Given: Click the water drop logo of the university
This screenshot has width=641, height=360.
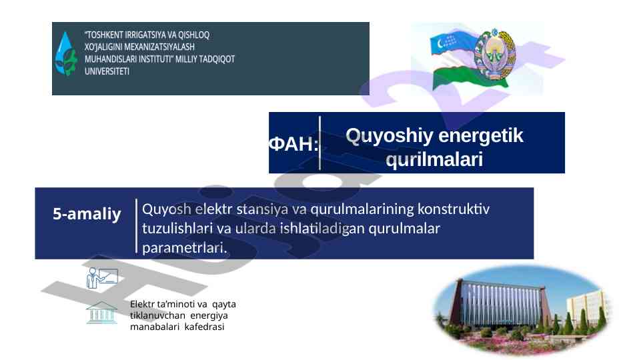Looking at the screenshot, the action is click(65, 55).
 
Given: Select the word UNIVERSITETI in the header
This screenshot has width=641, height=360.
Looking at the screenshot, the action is click(107, 71).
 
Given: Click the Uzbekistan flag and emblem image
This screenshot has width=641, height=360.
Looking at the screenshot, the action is click(474, 59).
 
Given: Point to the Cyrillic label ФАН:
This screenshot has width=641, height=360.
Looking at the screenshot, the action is click(293, 144).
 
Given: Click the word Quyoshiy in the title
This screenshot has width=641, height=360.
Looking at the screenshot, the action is click(389, 136).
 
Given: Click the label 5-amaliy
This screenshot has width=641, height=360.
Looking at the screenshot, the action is click(87, 214).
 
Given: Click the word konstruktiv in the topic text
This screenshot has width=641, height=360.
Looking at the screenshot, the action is click(454, 209).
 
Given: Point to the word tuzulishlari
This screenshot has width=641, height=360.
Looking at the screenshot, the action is click(177, 228).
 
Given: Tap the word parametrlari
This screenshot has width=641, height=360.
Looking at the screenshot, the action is click(185, 247).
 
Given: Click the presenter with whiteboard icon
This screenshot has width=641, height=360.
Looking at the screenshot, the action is click(102, 278).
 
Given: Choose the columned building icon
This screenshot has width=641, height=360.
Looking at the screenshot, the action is click(102, 313).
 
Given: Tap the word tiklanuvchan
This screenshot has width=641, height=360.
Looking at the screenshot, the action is click(158, 315).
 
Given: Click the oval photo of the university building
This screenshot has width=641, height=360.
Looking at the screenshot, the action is click(522, 309).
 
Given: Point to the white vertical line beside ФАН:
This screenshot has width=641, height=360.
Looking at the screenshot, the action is click(319, 143).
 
